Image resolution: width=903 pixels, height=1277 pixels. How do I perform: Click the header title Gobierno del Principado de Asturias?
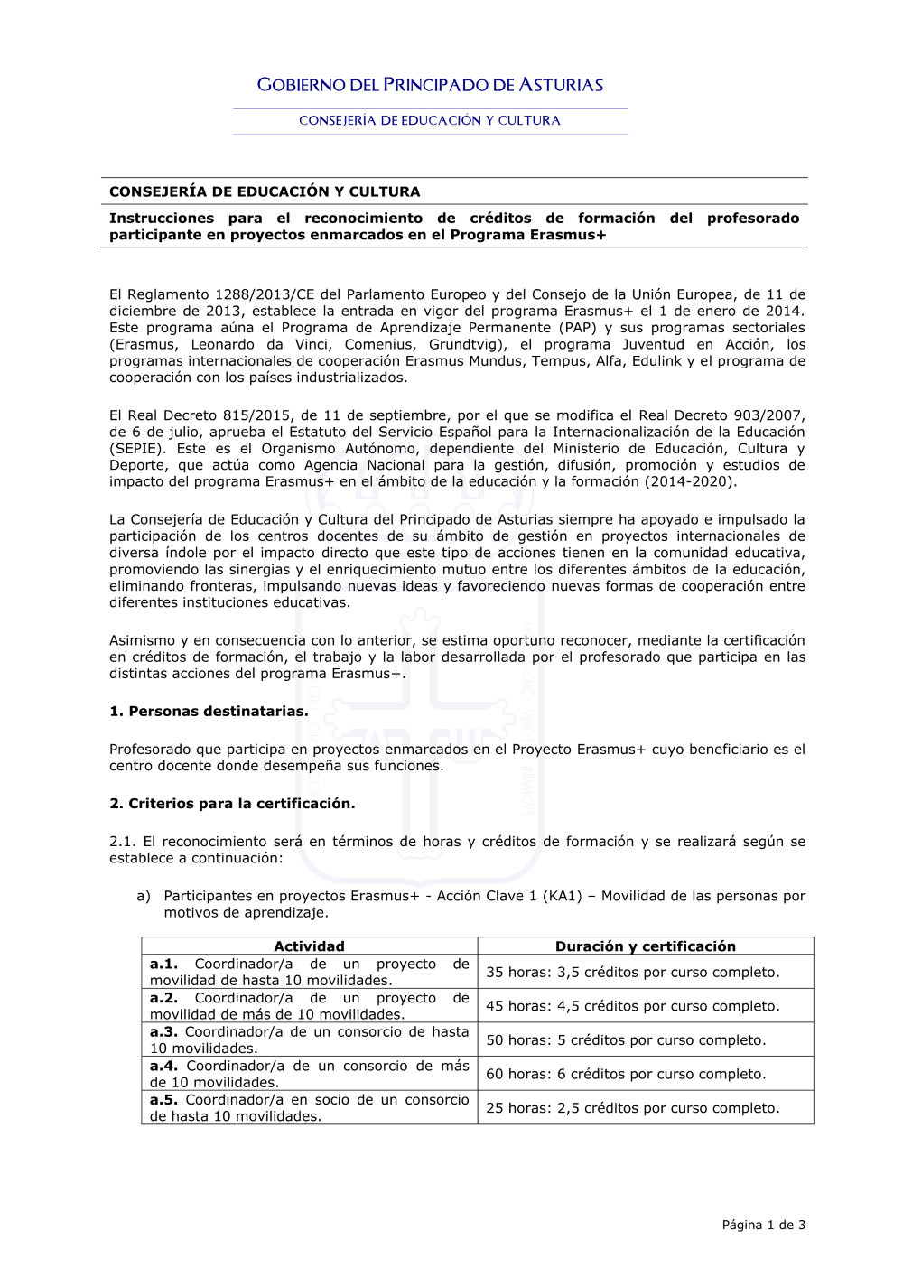point(430,85)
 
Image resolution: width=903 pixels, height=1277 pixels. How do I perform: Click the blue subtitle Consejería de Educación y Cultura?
point(430,120)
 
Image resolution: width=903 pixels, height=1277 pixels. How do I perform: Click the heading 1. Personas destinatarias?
point(209,711)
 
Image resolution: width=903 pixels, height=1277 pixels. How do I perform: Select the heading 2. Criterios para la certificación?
point(232,803)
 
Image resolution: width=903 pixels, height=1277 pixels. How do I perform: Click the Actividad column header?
point(309,946)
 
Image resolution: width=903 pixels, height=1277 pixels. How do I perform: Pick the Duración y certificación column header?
point(645,946)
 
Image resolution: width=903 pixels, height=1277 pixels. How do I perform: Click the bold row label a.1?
point(163,964)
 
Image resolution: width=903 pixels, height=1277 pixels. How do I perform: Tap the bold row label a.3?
point(163,1031)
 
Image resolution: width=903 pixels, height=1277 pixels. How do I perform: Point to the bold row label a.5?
point(163,1099)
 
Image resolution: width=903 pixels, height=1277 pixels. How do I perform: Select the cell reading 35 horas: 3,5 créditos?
point(632,973)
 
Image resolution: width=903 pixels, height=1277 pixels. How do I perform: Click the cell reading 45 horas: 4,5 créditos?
point(632,1006)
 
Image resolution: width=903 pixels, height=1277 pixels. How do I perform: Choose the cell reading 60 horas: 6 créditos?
point(626,1074)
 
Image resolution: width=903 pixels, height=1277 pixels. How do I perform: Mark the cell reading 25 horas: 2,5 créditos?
point(632,1108)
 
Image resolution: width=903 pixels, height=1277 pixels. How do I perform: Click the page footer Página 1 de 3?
point(763,1225)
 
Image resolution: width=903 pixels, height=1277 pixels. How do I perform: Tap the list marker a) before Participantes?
point(144,896)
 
